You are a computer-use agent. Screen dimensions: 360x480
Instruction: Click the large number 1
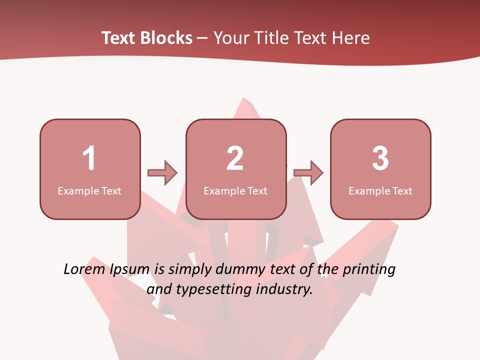click(x=89, y=158)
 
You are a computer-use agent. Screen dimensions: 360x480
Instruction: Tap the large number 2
click(x=235, y=158)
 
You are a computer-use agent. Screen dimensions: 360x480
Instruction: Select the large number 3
click(x=380, y=158)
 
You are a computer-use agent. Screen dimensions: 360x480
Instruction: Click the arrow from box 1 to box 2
click(x=162, y=173)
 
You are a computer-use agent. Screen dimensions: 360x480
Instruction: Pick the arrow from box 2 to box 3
click(x=308, y=173)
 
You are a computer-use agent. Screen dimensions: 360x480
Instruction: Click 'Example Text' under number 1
click(x=89, y=191)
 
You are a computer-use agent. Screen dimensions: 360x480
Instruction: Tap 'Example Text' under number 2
click(x=235, y=191)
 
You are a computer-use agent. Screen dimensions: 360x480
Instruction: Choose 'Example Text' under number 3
click(x=380, y=191)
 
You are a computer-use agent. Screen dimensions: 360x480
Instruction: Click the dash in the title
click(x=202, y=38)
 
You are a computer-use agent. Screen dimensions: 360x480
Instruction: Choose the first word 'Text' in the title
click(x=118, y=38)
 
